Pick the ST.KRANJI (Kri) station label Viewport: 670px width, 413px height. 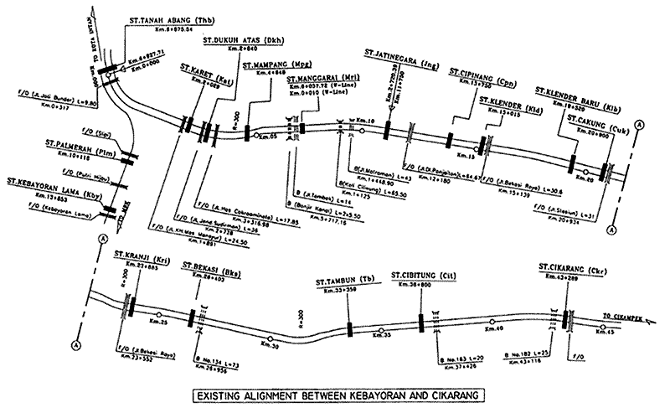(x=142, y=250)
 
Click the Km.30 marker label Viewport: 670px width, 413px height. (x=268, y=343)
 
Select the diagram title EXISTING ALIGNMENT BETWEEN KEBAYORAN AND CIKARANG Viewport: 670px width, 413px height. (x=334, y=391)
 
